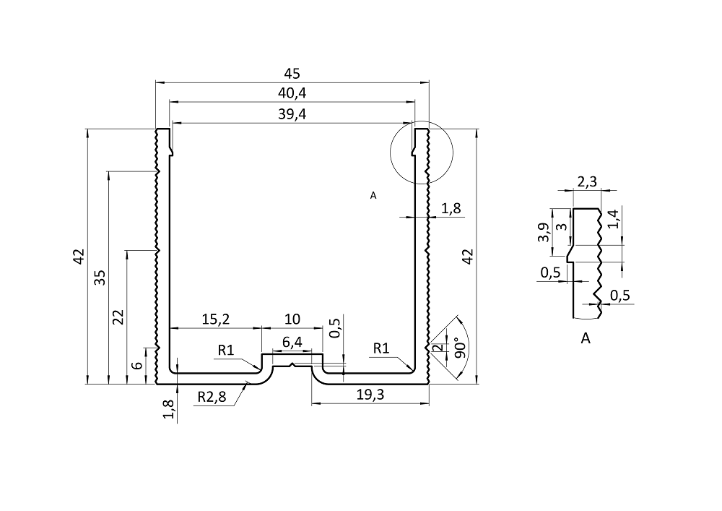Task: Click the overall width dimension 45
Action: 292,73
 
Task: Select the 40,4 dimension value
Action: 292,93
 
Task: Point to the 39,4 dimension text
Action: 292,113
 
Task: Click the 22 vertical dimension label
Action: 119,317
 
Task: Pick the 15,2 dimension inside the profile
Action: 215,319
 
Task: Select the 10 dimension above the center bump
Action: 292,319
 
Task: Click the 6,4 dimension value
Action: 292,343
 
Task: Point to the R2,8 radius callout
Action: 212,397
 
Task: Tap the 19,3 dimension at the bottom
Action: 370,395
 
